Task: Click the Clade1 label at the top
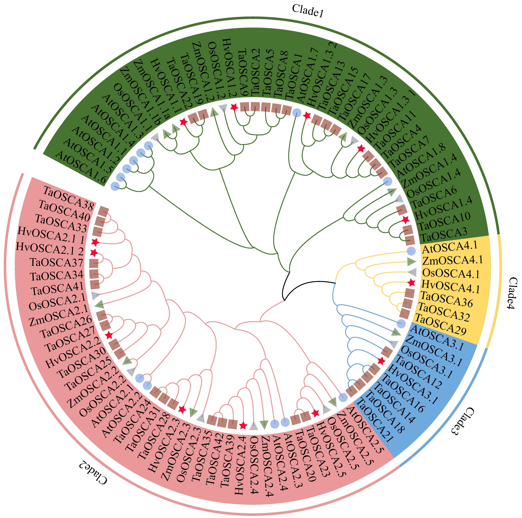click(307, 11)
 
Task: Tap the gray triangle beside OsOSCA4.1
click(412, 272)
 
